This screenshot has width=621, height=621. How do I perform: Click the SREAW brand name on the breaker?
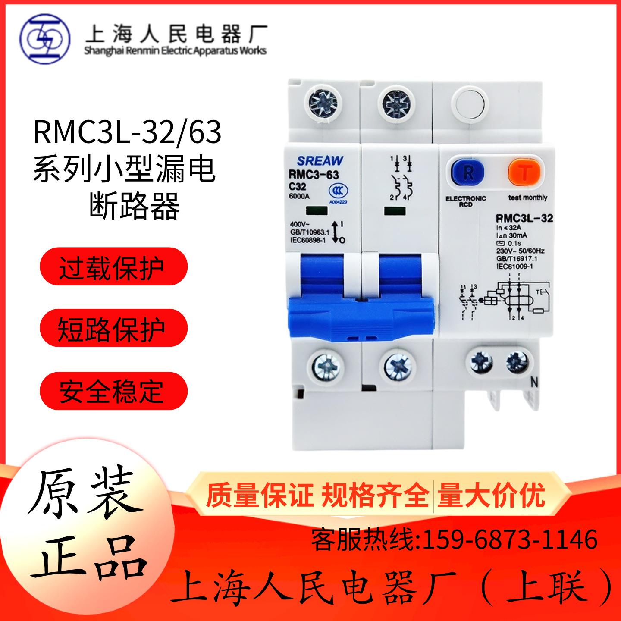(320, 161)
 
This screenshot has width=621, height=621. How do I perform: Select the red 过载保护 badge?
(113, 266)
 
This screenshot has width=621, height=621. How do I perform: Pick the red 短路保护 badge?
(113, 329)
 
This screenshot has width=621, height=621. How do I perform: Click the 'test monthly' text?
(527, 198)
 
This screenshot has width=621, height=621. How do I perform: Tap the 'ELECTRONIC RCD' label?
(466, 201)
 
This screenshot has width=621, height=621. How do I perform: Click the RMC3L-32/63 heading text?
(127, 133)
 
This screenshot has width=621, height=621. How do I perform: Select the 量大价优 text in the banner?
(491, 496)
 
